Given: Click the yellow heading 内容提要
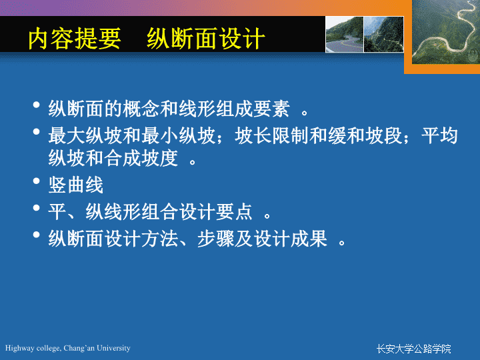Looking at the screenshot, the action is coord(75,39).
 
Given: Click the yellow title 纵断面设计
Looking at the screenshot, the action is coord(206,39).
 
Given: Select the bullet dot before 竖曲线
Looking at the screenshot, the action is coord(37,181).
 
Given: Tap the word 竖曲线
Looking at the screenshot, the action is coord(76,185).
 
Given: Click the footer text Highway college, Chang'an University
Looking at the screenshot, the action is coord(67,348).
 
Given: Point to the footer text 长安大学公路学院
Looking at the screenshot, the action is coord(414,349).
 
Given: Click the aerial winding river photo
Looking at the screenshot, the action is coord(446,32).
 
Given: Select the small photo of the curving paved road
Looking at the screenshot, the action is coord(345,34).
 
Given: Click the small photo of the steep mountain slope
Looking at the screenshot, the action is coord(384,34).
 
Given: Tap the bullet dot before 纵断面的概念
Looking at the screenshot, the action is coord(37,105).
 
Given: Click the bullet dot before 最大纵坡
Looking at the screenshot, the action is coord(37,131).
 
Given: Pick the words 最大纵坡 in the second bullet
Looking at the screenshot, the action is coord(85,135).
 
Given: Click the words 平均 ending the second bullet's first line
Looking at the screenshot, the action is coord(439,135).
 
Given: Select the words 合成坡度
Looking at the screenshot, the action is coord(141,158).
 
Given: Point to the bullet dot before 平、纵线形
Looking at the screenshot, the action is coord(37,208).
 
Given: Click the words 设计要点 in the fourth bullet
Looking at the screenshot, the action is coord(215,212).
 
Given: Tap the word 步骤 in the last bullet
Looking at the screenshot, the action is coord(215,239).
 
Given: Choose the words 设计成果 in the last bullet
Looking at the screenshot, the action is coord(290,239).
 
